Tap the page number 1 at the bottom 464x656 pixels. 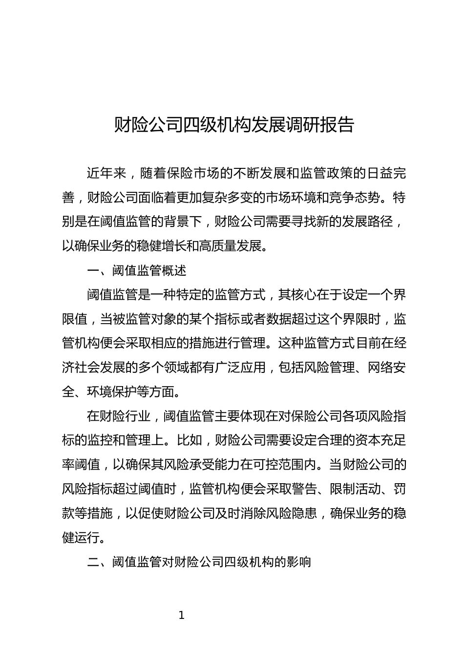click(x=182, y=615)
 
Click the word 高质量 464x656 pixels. click(x=221, y=246)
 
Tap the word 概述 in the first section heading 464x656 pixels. click(x=174, y=270)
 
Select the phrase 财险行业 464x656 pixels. click(x=125, y=416)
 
